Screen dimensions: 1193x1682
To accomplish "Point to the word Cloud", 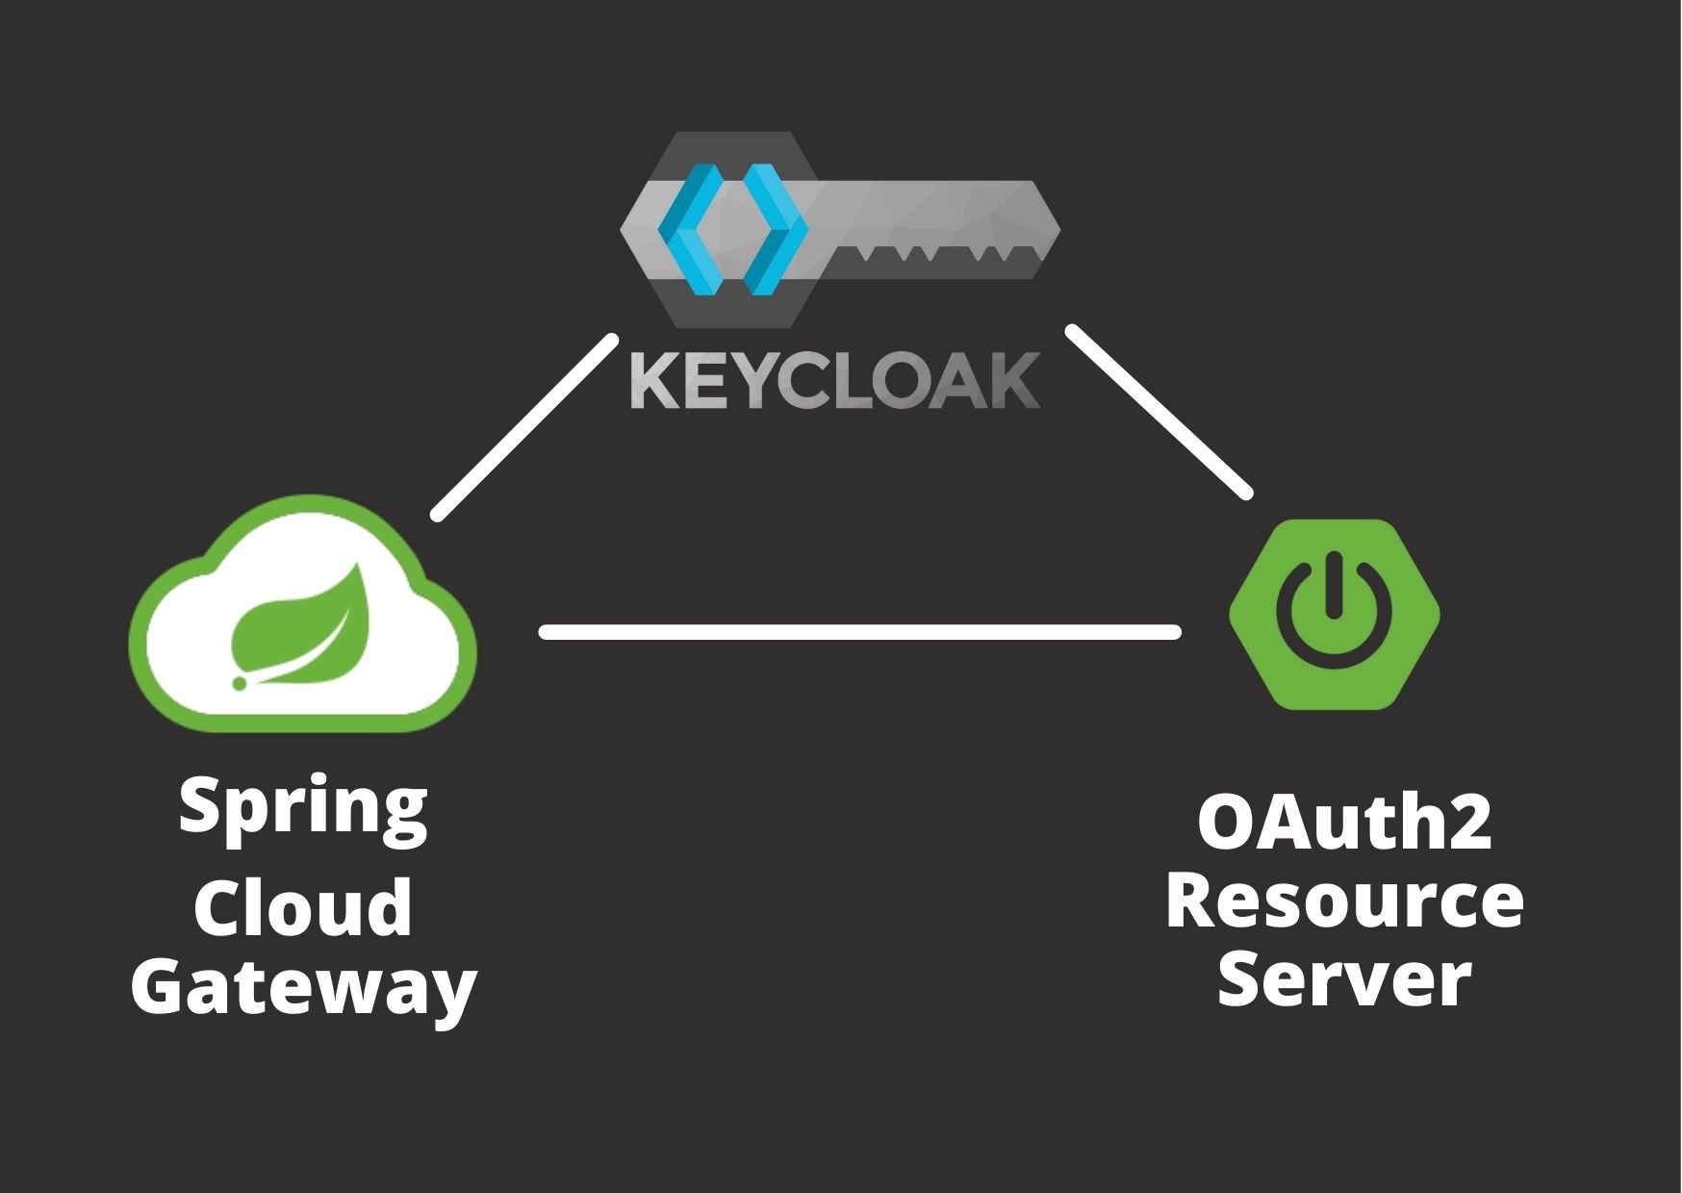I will coord(302,907).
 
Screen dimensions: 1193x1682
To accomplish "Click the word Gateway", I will coord(303,989).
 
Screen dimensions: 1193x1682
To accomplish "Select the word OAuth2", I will coord(1344,824).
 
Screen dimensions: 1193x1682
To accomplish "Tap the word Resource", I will coord(1344,901).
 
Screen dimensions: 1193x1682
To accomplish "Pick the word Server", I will coord(1344,980).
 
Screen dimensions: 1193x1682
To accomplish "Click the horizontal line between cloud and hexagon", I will coord(859,632).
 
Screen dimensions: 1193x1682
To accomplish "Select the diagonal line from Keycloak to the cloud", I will coord(524,427).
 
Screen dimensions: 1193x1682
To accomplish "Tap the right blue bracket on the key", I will coord(773,229).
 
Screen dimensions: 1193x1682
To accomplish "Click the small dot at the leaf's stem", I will coord(239,683).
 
